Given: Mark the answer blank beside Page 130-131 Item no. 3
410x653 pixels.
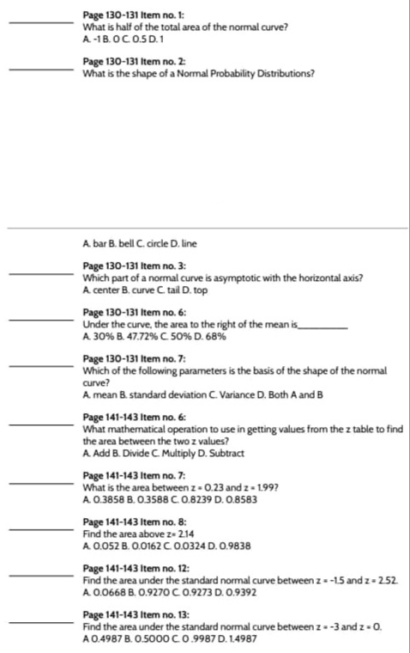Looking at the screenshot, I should (41, 274).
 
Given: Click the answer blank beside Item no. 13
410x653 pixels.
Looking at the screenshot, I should (41, 621).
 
